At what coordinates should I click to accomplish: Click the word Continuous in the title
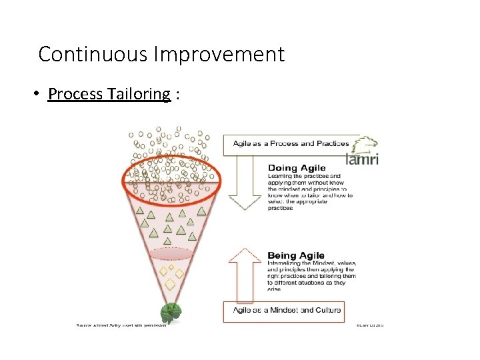(x=77, y=54)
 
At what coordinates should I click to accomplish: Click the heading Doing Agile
(x=296, y=167)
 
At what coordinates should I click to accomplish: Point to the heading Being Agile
(x=296, y=255)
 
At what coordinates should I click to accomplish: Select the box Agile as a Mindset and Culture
(x=287, y=310)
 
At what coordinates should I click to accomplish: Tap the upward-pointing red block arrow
(x=245, y=273)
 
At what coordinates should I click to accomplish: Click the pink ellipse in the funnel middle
(x=172, y=254)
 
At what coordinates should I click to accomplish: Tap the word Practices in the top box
(x=333, y=144)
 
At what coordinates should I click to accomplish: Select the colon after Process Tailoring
(x=177, y=94)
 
